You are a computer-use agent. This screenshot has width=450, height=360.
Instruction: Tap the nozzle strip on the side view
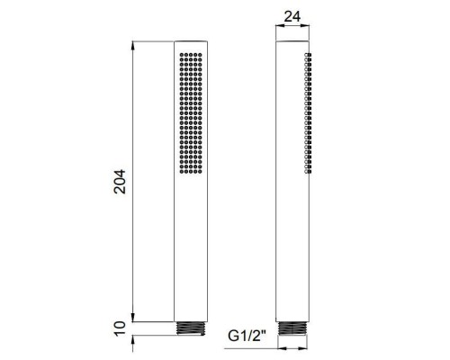(x=309, y=113)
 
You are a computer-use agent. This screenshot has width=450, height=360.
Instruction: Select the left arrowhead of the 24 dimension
(x=275, y=28)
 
